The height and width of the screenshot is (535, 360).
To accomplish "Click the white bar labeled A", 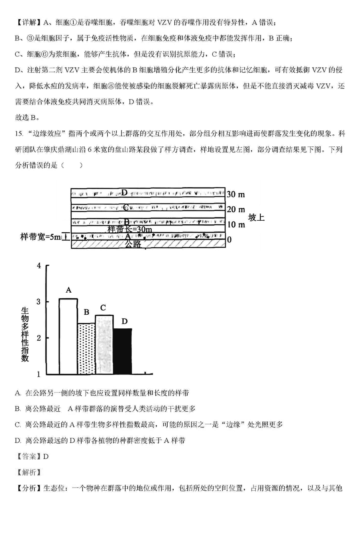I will pos(68,336).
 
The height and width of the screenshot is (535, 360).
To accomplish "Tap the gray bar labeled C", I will pos(104,344).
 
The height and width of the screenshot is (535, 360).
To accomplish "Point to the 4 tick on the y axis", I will pos(39,266).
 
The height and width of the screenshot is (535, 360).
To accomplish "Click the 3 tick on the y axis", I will pos(39,301).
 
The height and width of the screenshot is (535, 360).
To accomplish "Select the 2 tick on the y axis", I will pos(39,338).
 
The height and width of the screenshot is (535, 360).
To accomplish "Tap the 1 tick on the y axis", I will pos(39,374).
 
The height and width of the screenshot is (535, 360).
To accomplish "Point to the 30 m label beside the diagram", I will pos(236,195).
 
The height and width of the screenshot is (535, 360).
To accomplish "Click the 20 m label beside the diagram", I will pos(236,210).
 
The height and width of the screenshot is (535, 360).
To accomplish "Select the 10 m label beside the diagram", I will pos(236,224).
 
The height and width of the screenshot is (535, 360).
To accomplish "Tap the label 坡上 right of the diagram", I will pos(256,218).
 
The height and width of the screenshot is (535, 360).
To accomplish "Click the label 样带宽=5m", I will pos(40,237).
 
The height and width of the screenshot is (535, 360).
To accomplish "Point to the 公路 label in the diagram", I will pos(133,244).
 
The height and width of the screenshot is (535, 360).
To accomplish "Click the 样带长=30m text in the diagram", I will pos(130,230).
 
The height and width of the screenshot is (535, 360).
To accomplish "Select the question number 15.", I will pos(19,134).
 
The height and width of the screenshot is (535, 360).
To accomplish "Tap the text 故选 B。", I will pos(28,117).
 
